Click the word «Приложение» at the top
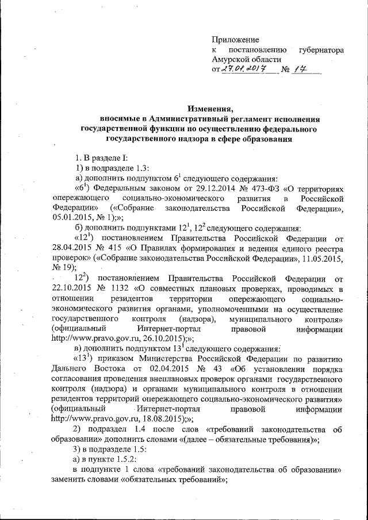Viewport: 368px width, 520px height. pos(235,40)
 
